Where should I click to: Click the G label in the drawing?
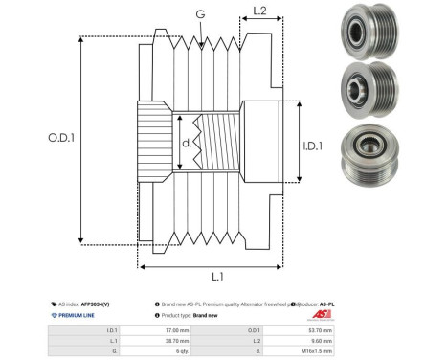click(199, 14)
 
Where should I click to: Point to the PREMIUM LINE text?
click(79, 314)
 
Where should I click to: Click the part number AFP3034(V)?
click(104, 301)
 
